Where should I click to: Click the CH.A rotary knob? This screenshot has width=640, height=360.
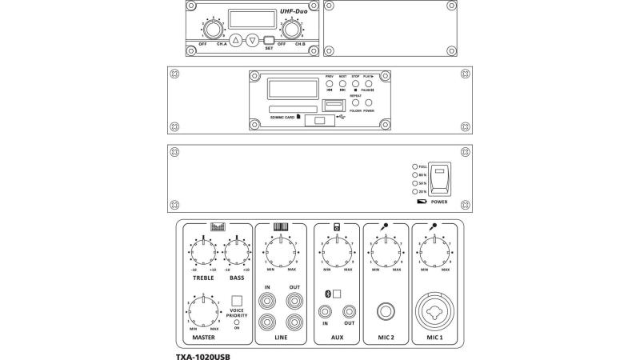click(212, 30)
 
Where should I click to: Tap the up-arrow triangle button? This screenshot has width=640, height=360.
click(236, 40)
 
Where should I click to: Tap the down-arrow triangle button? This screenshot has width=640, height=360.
click(253, 40)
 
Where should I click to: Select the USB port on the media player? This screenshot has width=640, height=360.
click(333, 106)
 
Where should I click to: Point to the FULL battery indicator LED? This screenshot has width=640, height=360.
click(414, 166)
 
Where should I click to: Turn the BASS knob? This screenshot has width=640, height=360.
click(237, 252)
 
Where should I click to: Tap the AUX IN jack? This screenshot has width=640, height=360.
click(326, 311)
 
